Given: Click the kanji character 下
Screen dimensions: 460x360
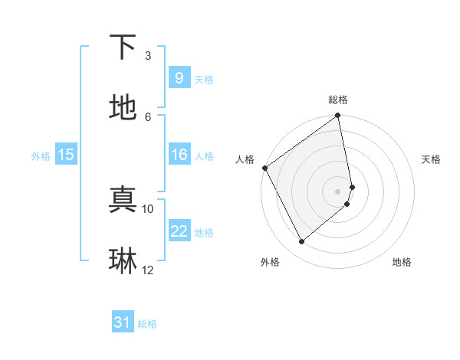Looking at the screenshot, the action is click(x=123, y=47).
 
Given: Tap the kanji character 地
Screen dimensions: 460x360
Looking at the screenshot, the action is click(x=123, y=108).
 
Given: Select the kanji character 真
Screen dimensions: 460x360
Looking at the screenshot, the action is click(x=123, y=201).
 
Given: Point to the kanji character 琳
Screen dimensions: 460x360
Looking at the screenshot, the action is click(x=123, y=261).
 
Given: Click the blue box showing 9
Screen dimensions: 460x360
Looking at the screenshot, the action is click(x=179, y=77).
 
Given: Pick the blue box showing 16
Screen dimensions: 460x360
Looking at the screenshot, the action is click(x=179, y=155).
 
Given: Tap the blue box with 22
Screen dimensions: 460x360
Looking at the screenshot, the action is click(x=179, y=231).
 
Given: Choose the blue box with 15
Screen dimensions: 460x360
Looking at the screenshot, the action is click(x=65, y=155).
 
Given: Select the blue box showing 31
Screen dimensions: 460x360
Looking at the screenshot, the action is click(x=123, y=322).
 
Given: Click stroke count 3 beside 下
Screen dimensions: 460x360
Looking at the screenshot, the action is click(x=148, y=56).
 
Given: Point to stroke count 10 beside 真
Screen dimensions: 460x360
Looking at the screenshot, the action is click(x=148, y=208).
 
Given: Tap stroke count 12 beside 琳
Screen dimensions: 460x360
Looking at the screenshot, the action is click(x=148, y=270).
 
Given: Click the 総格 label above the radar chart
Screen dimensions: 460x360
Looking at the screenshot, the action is click(x=338, y=100).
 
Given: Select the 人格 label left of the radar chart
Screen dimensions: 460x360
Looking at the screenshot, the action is click(x=245, y=159).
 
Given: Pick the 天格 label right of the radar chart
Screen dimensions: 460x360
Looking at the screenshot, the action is click(x=431, y=159).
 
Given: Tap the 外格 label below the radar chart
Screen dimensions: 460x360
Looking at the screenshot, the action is click(x=270, y=262).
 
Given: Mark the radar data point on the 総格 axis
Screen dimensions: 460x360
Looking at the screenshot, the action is click(x=338, y=116).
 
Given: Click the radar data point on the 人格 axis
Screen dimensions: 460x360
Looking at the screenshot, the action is click(x=264, y=168).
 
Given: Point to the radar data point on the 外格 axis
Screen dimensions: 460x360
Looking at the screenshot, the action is click(x=301, y=242).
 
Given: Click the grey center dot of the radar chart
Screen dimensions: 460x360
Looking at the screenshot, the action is click(x=338, y=191).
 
